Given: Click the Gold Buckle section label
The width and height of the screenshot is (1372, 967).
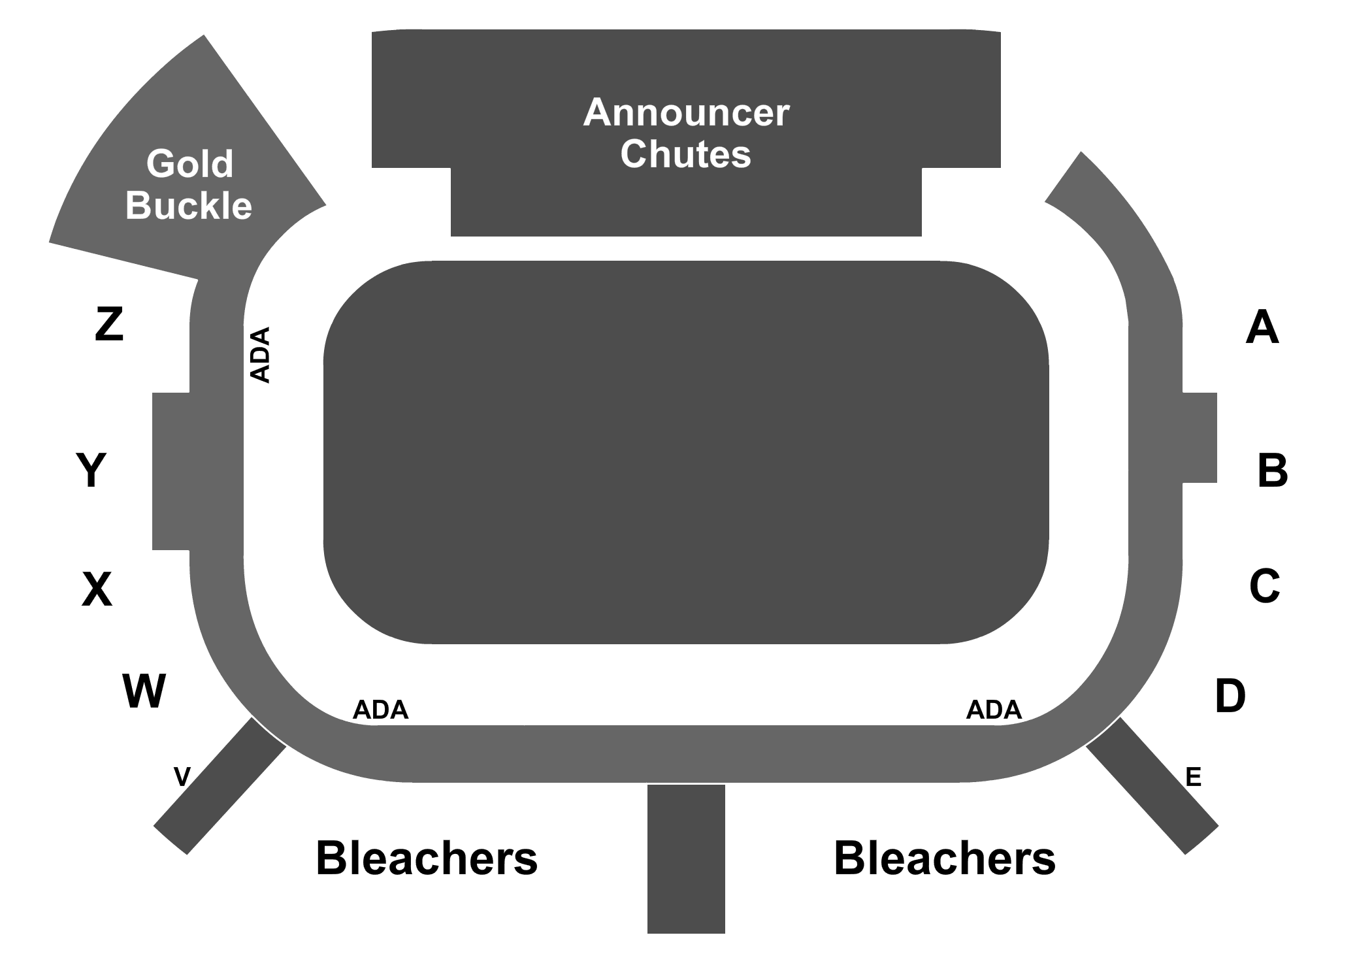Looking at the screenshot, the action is pyautogui.click(x=189, y=184).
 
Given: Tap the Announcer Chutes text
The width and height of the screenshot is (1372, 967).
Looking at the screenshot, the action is pyautogui.click(x=686, y=133).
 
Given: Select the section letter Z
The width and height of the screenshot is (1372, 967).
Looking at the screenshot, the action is pyautogui.click(x=109, y=325).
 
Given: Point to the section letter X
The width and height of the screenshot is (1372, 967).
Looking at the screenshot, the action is pyautogui.click(x=97, y=589).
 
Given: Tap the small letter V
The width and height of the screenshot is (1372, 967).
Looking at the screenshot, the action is pyautogui.click(x=182, y=777).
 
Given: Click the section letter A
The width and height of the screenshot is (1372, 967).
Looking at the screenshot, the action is pyautogui.click(x=1262, y=327).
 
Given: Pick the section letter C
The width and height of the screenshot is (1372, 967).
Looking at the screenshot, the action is pyautogui.click(x=1264, y=585).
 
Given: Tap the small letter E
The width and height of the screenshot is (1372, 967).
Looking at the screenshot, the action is pyautogui.click(x=1193, y=777).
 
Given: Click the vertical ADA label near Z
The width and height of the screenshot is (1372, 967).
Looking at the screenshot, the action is pyautogui.click(x=260, y=355).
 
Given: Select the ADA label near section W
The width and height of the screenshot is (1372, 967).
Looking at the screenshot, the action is pyautogui.click(x=380, y=710).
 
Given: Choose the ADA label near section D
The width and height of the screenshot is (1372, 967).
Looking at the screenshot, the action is pyautogui.click(x=994, y=710).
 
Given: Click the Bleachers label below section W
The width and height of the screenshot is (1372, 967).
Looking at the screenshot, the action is pyautogui.click(x=427, y=858).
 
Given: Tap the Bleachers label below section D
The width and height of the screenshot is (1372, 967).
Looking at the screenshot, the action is pyautogui.click(x=945, y=858).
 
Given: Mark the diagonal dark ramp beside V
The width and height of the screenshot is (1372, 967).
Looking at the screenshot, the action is pyautogui.click(x=220, y=785).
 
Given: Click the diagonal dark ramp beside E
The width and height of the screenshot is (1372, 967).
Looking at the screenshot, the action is pyautogui.click(x=1152, y=785).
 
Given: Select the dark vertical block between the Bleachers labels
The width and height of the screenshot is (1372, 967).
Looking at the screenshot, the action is pyautogui.click(x=686, y=859).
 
